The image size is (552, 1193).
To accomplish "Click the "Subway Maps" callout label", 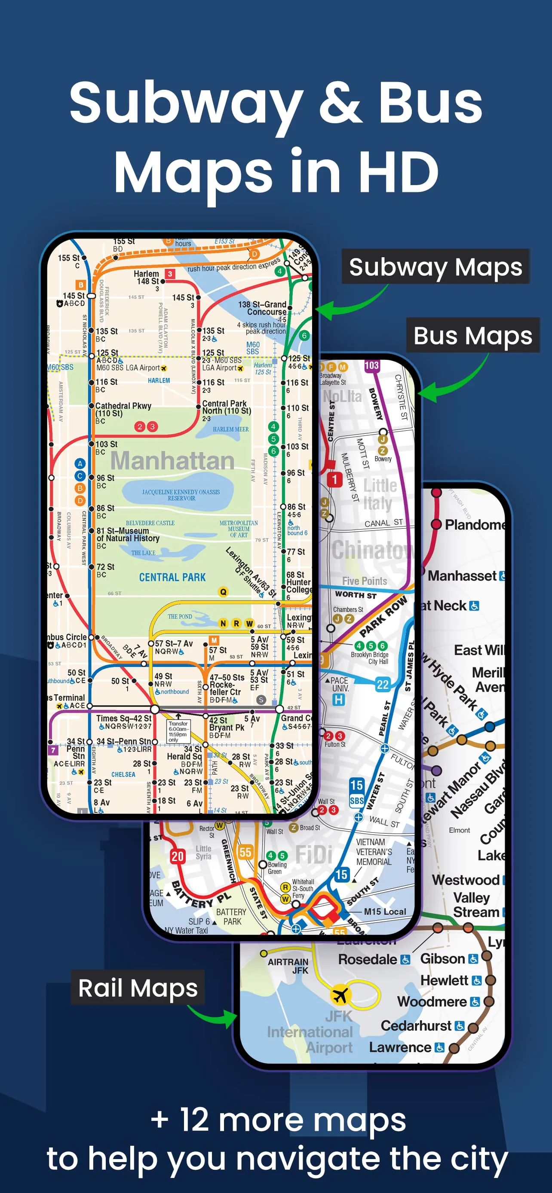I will point(435,267).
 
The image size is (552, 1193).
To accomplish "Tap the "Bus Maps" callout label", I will point(473,335).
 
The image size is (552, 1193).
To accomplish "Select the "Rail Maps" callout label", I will point(138,988).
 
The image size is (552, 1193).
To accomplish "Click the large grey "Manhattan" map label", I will point(172,460).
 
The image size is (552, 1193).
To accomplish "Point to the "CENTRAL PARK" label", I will point(172,577).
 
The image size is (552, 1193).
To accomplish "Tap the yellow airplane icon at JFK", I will point(340,994).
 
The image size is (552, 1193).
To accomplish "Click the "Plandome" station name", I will point(474,525).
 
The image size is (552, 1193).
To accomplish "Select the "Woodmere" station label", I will point(432,1002).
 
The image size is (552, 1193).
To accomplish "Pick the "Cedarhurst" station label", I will point(416,1026).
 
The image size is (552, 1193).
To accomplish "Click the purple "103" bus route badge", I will point(372,365).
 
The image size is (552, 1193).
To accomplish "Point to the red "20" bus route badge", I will point(178,856).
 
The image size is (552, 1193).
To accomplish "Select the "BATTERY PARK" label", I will point(231,916).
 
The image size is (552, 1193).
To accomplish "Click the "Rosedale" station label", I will point(368,959).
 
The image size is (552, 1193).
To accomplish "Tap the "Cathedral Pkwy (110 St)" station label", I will point(123,409).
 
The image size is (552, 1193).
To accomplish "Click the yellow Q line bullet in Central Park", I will point(224,592).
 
